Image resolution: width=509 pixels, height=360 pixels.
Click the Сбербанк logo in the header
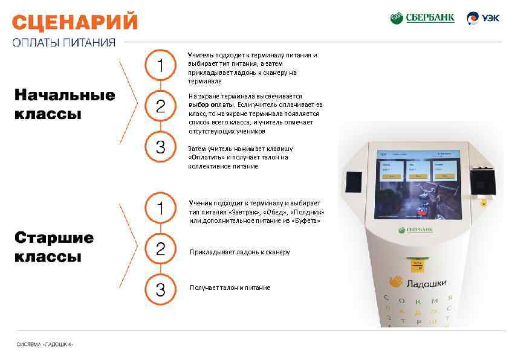(422, 18)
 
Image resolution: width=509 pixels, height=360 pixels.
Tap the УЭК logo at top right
(483, 18)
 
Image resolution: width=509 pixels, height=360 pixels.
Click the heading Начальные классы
(64, 104)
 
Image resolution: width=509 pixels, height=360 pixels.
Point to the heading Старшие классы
(54, 246)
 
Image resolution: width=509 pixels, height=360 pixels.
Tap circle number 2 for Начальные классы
(160, 107)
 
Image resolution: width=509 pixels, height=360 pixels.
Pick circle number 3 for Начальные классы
(160, 147)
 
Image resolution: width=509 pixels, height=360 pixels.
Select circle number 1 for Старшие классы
(160, 208)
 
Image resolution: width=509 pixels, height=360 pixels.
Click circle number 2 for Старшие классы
(160, 249)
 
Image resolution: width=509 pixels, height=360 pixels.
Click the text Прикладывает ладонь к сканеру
(239, 252)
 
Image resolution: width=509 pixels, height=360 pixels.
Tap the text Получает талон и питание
(230, 288)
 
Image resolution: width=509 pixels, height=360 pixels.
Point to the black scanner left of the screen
(353, 182)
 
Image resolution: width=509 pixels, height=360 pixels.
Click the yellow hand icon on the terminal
(396, 282)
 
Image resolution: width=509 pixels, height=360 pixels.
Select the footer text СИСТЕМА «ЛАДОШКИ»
(45, 344)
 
